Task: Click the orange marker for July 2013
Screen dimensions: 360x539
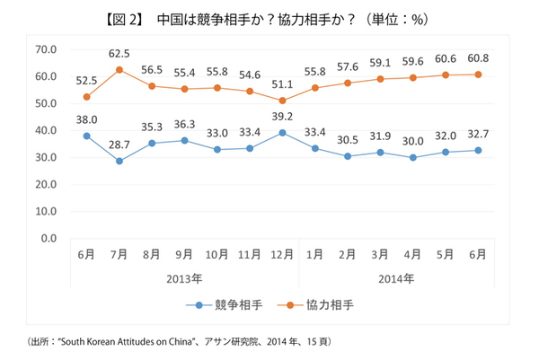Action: pos(119,69)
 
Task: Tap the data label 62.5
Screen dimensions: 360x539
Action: pos(119,53)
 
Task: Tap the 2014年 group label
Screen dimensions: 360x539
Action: pos(396,279)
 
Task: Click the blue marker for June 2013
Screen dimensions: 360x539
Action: pos(87,136)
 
